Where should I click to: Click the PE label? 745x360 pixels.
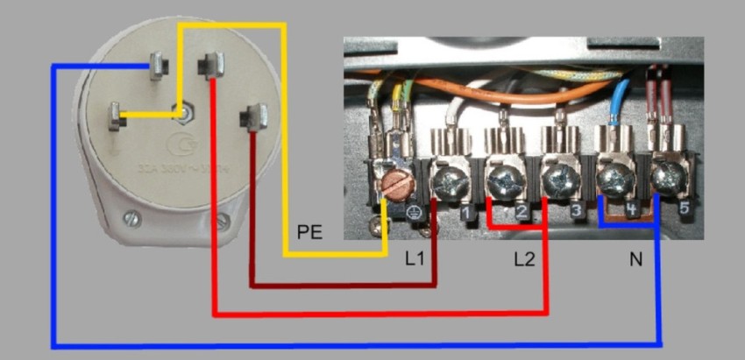(x=309, y=232)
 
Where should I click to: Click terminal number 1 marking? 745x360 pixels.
(x=467, y=214)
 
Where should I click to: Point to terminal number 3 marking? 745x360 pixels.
(x=575, y=211)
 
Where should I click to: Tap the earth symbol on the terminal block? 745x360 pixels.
(x=417, y=213)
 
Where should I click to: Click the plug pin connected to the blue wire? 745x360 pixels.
(x=159, y=65)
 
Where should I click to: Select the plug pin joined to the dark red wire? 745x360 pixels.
(x=255, y=115)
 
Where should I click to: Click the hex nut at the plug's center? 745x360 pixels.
(x=185, y=113)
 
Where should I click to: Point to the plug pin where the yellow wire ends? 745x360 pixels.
(x=116, y=115)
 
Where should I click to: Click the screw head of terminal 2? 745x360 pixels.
(x=503, y=181)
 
